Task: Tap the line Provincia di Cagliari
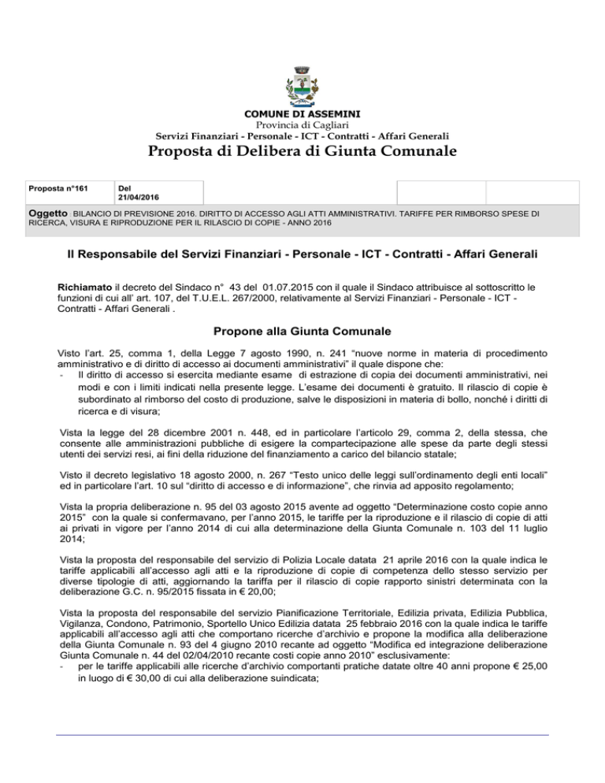coord(302,125)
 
